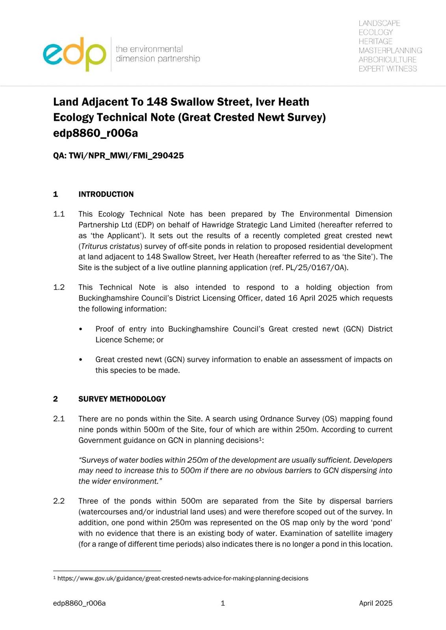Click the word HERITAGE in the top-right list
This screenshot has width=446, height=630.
point(375,41)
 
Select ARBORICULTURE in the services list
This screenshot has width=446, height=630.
point(387,59)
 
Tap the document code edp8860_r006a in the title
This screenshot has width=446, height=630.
point(95,133)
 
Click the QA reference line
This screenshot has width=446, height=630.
point(118,156)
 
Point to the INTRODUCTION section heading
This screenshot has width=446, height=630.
point(106,194)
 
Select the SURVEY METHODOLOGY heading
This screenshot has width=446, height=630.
point(122,399)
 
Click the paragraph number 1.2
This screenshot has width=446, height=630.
point(59,287)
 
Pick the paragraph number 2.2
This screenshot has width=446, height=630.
point(59,501)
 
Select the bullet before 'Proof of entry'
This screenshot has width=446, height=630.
point(81,329)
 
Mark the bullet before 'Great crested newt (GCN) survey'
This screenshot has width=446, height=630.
point(81,360)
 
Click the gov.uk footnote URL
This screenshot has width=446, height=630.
point(183,578)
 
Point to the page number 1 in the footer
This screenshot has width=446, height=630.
point(223,603)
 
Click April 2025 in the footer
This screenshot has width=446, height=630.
point(375,603)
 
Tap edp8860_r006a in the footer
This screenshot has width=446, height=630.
point(79,603)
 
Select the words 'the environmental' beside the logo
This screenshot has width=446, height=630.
point(149,49)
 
